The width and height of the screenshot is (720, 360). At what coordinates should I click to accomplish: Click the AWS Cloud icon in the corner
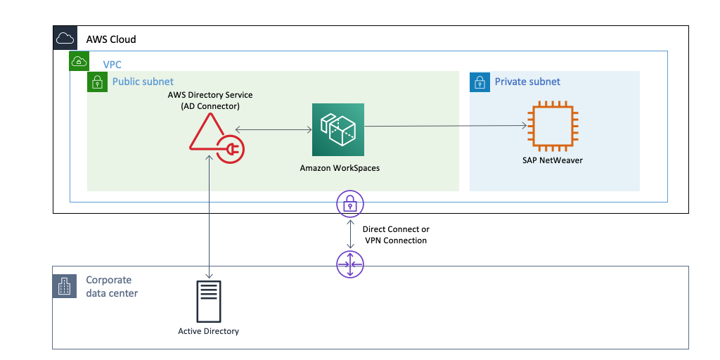coord(65,38)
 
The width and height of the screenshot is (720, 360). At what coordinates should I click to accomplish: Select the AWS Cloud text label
coord(111,39)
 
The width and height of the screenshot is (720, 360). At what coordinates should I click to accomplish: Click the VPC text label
coord(112,65)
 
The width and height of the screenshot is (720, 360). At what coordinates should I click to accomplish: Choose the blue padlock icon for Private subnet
coord(480,82)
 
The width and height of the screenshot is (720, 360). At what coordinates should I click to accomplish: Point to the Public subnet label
coord(143,82)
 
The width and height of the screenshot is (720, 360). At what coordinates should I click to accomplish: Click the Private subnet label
coord(527,82)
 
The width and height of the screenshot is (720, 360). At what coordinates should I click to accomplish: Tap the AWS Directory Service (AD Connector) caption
coord(210,101)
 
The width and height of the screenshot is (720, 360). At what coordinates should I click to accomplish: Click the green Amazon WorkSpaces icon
coord(339,129)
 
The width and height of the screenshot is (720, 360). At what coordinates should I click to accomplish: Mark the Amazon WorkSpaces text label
coord(340,168)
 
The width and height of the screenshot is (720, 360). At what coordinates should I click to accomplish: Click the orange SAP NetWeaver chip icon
coord(553,127)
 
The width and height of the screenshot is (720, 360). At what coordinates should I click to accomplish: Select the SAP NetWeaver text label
coord(553,160)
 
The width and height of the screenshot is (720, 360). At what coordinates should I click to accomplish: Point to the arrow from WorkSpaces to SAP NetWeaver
coord(446,127)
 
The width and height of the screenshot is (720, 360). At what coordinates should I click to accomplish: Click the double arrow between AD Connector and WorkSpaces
coord(274,129)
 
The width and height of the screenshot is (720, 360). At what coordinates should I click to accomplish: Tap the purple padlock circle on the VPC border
coord(349,203)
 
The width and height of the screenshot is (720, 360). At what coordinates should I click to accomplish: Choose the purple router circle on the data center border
coord(349,266)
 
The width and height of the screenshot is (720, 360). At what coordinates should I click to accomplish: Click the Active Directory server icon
coord(209,300)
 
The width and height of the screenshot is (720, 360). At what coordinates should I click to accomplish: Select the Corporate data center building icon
coord(65,286)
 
